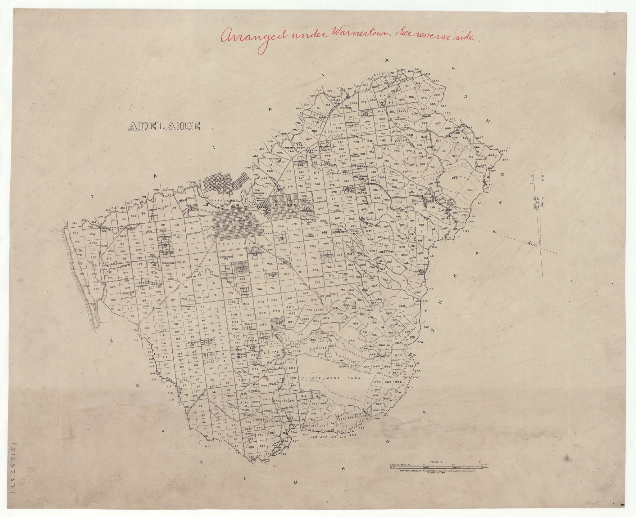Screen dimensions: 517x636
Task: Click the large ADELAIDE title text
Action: coord(164,126)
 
